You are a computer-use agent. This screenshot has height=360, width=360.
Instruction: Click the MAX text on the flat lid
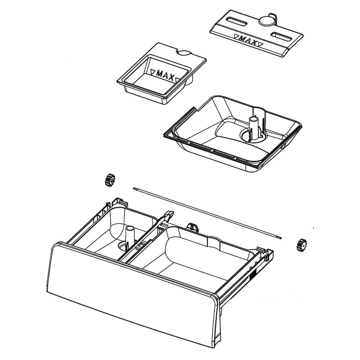(x=248, y=40)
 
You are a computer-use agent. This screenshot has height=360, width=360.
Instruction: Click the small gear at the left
(x=109, y=180)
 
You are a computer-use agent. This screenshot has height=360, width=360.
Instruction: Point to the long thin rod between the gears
(x=207, y=212)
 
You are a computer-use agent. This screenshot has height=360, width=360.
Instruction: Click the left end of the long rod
(x=135, y=188)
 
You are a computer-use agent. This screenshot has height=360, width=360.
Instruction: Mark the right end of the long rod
(x=281, y=237)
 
